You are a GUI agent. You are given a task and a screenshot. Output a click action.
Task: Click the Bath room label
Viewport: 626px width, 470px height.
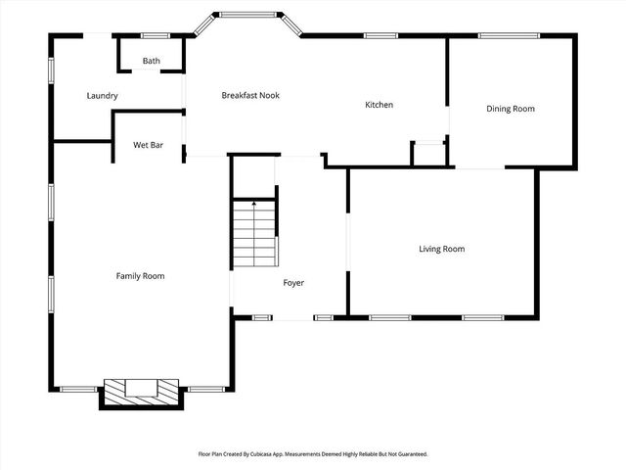(x=151, y=61)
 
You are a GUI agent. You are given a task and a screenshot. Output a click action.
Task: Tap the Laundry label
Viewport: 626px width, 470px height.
(x=103, y=96)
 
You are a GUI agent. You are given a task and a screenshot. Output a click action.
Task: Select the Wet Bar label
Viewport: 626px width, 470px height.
(x=148, y=145)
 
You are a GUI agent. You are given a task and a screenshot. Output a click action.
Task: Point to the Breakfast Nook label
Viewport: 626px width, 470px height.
(x=250, y=96)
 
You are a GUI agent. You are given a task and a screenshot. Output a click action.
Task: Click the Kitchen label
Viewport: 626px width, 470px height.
(x=379, y=105)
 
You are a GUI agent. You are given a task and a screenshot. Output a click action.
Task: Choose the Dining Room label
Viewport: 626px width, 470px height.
(x=511, y=109)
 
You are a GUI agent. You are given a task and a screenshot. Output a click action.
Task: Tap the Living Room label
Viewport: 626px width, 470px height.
(x=441, y=249)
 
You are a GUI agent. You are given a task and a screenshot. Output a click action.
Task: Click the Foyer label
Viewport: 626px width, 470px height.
(x=293, y=283)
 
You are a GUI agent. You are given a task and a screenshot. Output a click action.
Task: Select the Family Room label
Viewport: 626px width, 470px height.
(x=140, y=276)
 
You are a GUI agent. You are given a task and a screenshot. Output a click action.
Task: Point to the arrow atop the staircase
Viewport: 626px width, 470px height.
(x=254, y=205)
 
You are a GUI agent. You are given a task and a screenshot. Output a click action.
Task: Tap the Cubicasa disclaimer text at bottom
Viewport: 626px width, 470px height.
(x=313, y=454)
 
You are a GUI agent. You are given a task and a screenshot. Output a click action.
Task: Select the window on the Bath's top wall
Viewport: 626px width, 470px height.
(x=155, y=36)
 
